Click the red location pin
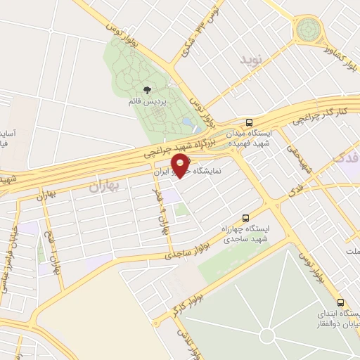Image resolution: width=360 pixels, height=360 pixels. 181,166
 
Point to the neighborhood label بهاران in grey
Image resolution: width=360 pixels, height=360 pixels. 105,186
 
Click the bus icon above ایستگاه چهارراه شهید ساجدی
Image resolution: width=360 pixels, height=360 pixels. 245,217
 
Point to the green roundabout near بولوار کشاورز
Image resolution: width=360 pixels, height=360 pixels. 308,30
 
